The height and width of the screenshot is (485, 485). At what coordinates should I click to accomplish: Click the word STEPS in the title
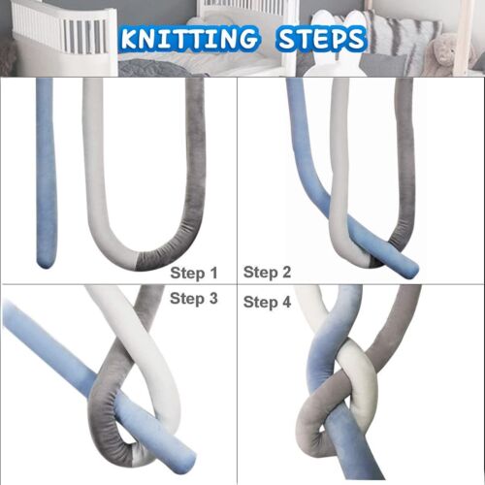tap(317, 40)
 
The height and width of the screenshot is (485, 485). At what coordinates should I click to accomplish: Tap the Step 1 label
tap(194, 273)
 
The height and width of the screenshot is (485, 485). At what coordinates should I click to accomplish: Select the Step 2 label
tap(267, 273)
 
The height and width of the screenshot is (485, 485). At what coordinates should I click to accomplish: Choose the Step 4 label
tap(267, 302)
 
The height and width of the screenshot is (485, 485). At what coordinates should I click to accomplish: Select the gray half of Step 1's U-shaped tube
tap(194, 175)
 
